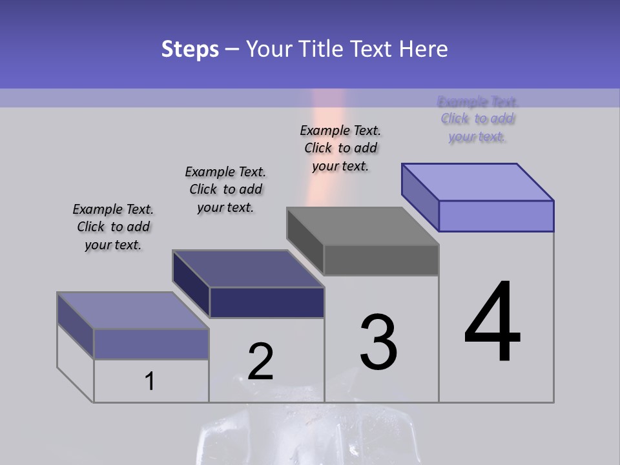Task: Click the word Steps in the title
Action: (x=190, y=49)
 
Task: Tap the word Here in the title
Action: (x=424, y=49)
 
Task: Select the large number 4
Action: (x=492, y=323)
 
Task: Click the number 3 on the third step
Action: (x=378, y=342)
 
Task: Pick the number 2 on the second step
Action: (x=260, y=362)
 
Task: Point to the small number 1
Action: (x=150, y=382)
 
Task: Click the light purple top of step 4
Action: (x=478, y=181)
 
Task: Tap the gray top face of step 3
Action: (x=363, y=226)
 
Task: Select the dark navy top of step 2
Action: (x=249, y=268)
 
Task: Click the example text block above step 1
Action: (x=113, y=227)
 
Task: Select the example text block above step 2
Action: (x=225, y=189)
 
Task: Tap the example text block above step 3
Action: (x=340, y=148)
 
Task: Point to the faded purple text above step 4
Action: (x=477, y=119)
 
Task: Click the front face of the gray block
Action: (x=381, y=260)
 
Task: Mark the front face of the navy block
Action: (x=267, y=302)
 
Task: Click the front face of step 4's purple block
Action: (x=496, y=216)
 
